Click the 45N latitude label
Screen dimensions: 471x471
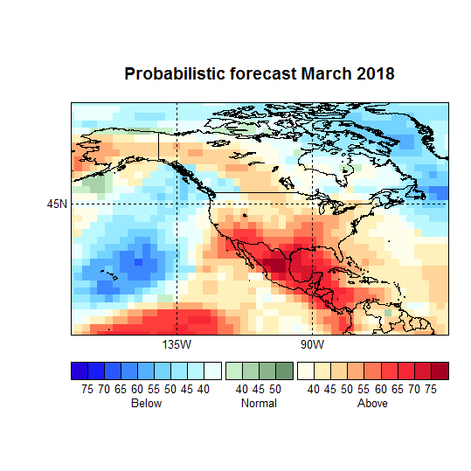(x=57, y=204)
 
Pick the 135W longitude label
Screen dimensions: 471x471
(x=177, y=345)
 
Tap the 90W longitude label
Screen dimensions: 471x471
(x=312, y=345)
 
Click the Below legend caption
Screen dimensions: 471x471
(x=146, y=404)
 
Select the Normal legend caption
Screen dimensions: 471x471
(x=259, y=404)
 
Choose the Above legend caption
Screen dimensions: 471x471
(x=372, y=404)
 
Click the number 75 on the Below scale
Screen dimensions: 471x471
(x=87, y=389)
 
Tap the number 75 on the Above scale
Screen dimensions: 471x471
(x=431, y=389)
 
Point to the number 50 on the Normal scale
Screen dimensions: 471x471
(x=275, y=389)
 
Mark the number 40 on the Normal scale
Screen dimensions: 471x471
(x=242, y=389)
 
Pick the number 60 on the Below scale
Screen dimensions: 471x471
(x=137, y=389)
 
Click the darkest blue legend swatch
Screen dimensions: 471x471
(x=80, y=371)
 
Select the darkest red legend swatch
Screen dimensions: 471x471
(x=440, y=371)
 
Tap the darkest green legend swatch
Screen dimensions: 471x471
(x=284, y=371)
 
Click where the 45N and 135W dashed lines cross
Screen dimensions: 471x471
(x=177, y=204)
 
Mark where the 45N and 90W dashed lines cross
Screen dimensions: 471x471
(x=312, y=204)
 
